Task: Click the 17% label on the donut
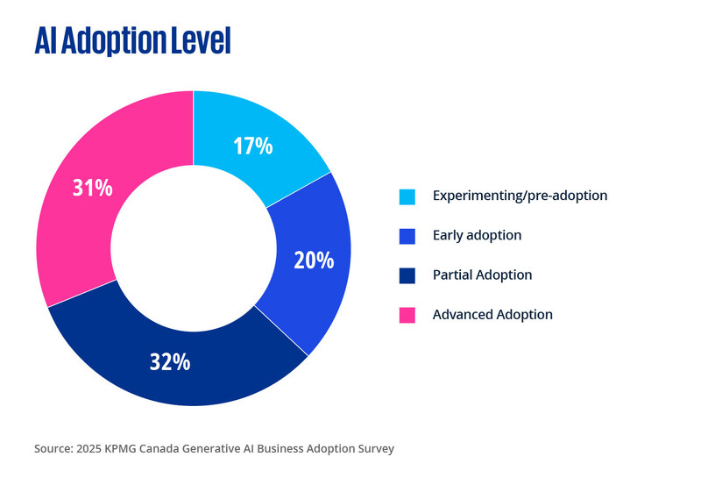point(252,146)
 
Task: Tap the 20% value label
point(314,260)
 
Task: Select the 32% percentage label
point(170,361)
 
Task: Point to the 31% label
point(91,187)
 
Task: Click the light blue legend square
point(407,196)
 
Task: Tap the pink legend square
point(407,315)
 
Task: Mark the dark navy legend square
point(407,275)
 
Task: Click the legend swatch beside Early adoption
point(407,235)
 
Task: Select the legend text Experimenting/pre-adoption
point(520,196)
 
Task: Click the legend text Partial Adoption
point(482,275)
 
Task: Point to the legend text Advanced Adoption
point(492,315)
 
